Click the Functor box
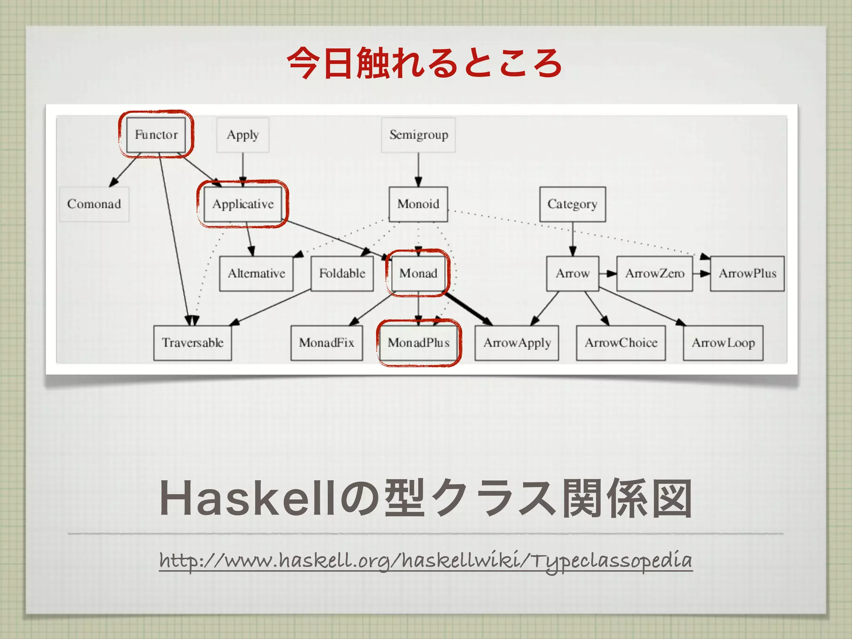tap(156, 134)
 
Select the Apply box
tap(243, 135)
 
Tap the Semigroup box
tap(419, 135)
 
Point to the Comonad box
tap(94, 204)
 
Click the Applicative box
tap(243, 204)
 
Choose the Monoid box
tap(419, 204)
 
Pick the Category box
tap(572, 204)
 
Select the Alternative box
tap(256, 273)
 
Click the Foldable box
tap(342, 273)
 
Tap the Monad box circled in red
tap(419, 273)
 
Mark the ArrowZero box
tap(655, 273)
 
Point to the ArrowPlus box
tap(748, 273)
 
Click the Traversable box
tap(193, 343)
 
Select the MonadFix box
tap(327, 343)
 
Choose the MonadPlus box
tap(419, 343)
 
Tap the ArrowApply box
tap(517, 343)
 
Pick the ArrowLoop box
tap(723, 343)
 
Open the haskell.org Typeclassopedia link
tap(426, 560)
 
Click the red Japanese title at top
tap(424, 63)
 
